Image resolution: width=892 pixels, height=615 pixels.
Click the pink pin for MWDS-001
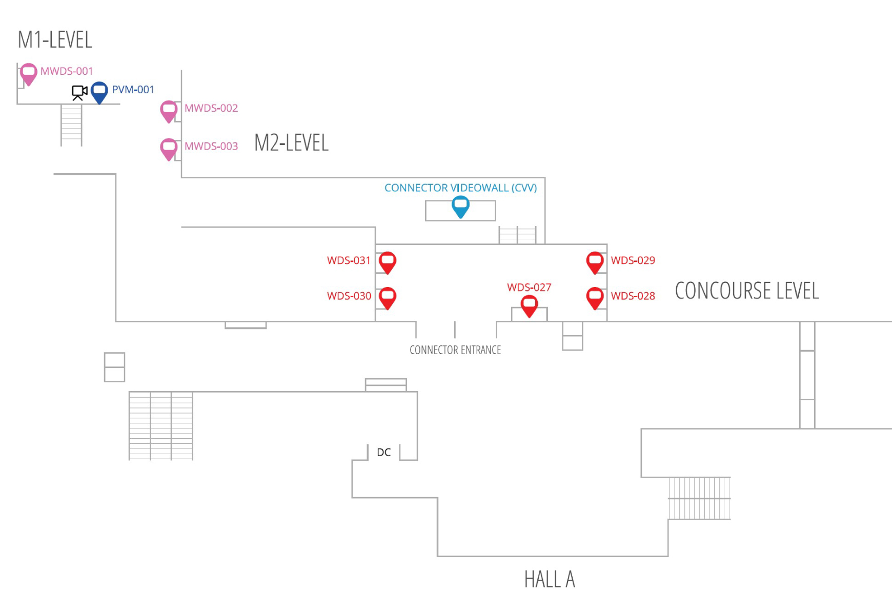(29, 73)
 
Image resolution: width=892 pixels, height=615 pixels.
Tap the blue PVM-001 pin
(99, 91)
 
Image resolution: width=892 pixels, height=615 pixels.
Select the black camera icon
(79, 92)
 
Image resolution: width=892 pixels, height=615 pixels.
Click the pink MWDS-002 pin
(169, 110)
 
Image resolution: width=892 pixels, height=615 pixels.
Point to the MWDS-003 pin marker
(169, 148)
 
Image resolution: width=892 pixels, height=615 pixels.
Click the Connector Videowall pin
(460, 206)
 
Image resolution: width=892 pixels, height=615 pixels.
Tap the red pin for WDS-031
(388, 261)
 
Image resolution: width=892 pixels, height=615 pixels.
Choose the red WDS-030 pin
(388, 297)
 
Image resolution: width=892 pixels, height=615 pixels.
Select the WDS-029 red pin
(595, 261)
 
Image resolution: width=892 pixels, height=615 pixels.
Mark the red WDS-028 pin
(595, 297)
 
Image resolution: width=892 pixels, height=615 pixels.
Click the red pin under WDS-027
(529, 305)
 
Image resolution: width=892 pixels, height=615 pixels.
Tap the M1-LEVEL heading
(55, 40)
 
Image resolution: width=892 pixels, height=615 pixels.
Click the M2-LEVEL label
(291, 143)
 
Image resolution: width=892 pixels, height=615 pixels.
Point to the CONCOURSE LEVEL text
(746, 291)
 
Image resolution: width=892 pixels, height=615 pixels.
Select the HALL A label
(549, 580)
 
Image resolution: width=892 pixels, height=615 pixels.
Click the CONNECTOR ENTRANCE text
(455, 350)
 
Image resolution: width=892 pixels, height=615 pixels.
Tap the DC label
(383, 453)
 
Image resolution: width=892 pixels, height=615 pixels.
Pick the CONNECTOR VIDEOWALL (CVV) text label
(460, 188)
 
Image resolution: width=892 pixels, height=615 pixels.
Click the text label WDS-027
(529, 288)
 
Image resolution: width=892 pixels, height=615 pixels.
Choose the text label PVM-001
(133, 90)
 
